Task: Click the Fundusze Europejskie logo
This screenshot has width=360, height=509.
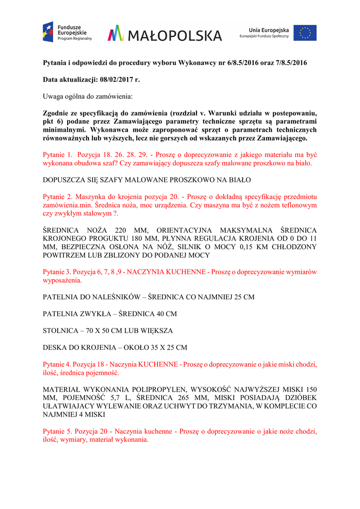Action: coord(67,32)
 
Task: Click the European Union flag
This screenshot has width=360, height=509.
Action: coord(305,33)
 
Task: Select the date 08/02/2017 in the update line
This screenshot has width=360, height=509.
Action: coord(112,79)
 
